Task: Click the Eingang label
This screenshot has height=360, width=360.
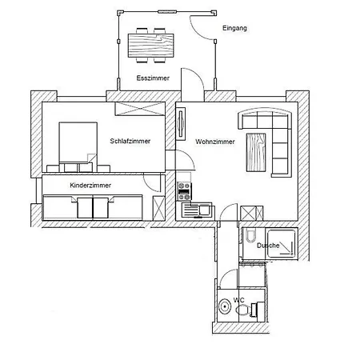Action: click(234, 28)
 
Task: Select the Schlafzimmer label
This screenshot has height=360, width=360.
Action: click(130, 142)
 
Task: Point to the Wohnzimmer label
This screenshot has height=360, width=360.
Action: click(214, 142)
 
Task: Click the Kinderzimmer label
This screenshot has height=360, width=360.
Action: click(90, 185)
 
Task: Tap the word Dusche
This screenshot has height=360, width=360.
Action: click(268, 246)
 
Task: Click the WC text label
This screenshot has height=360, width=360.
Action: click(238, 301)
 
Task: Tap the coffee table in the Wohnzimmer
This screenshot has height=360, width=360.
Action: click(256, 151)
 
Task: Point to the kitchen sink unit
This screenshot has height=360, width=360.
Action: click(195, 210)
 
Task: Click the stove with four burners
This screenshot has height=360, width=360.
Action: click(183, 190)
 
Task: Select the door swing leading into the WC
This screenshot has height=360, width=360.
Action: click(229, 280)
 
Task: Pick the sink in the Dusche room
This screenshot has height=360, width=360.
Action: click(248, 237)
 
